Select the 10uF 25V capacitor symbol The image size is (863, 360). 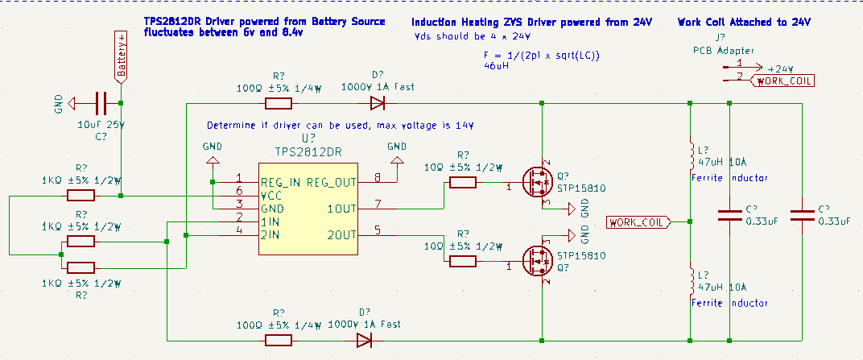pos(101,103)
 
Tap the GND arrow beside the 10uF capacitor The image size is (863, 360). pos(73,103)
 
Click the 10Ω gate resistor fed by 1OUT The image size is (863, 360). pos(462,182)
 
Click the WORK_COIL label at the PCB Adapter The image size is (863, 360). pos(785,81)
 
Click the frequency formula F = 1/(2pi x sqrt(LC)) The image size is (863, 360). pos(543,55)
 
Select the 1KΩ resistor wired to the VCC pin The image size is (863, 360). pos(81,195)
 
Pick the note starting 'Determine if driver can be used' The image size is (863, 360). pos(340,126)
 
